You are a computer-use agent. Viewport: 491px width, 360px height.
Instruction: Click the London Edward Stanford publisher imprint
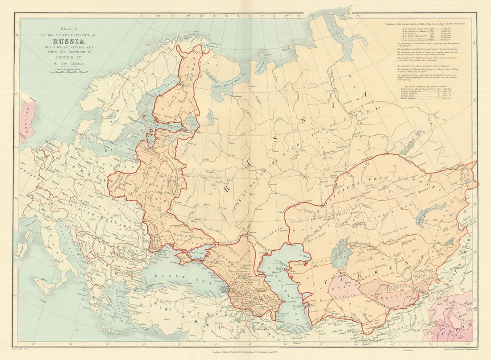245,352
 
